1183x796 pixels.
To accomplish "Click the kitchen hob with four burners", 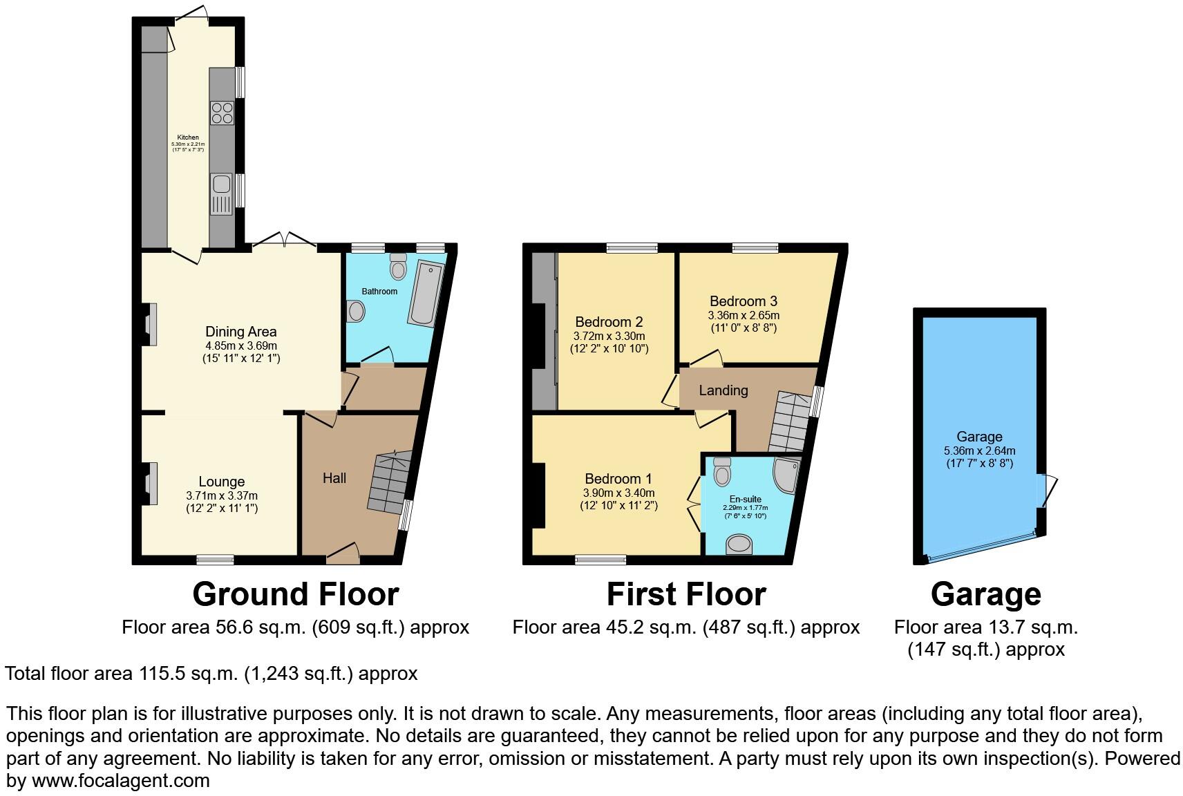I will tap(222, 113).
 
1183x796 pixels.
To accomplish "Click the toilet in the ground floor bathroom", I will tap(398, 267).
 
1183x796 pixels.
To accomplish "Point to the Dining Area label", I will tap(240, 332).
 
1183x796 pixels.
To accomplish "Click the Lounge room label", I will tap(221, 482).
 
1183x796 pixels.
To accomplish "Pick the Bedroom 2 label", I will tap(608, 322).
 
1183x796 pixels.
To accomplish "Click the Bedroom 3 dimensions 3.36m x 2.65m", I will tap(743, 315).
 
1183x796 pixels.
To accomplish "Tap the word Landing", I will tap(723, 390).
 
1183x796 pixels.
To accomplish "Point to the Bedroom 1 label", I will tap(618, 479).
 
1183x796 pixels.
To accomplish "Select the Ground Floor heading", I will tap(295, 594).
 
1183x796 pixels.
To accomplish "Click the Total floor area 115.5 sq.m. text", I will tap(211, 673).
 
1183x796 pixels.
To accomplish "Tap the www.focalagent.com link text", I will tap(120, 781).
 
